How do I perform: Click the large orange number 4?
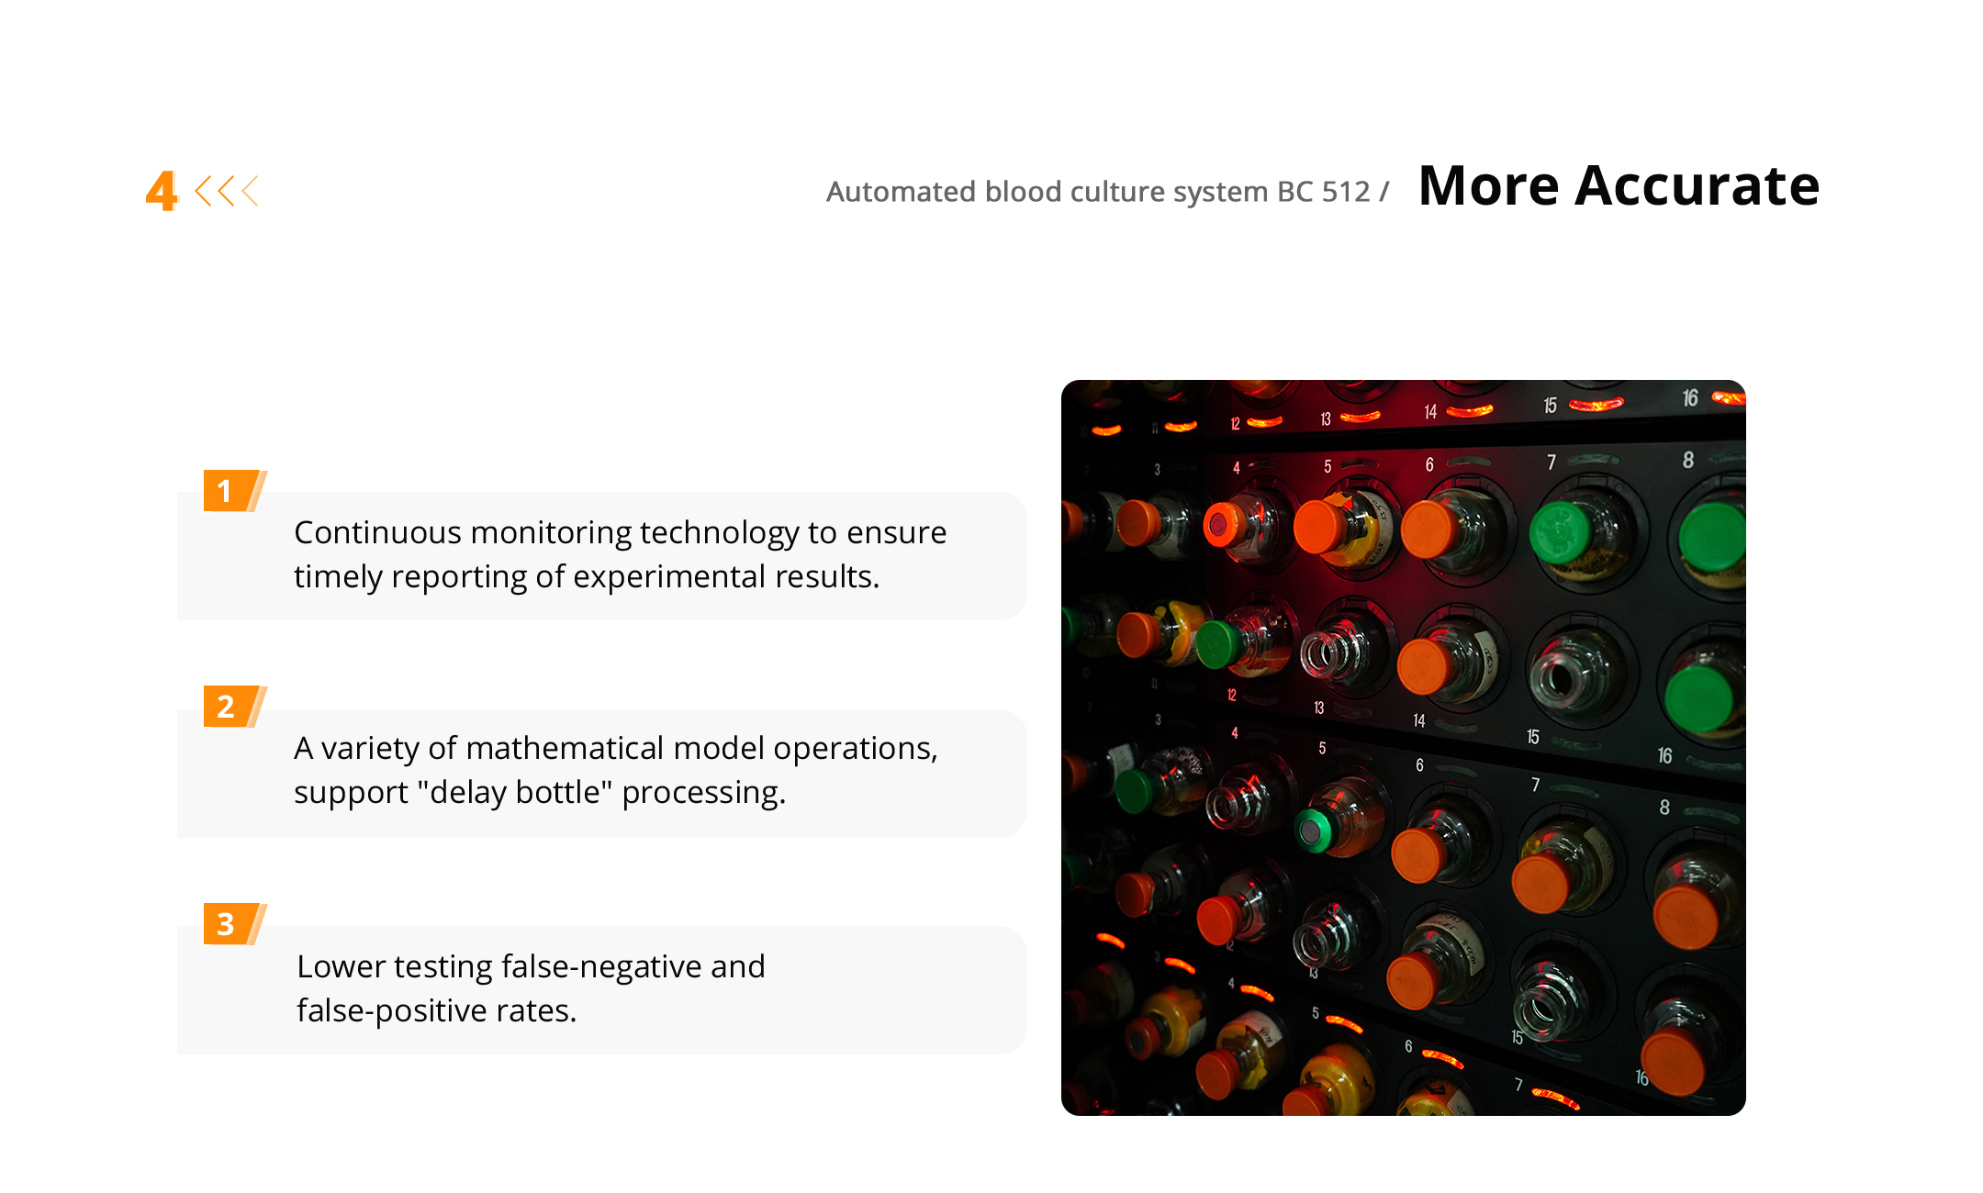tap(162, 191)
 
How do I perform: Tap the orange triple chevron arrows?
tap(227, 191)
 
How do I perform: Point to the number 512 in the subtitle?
tap(1346, 192)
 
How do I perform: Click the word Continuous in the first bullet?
tap(377, 532)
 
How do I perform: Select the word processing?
tap(704, 793)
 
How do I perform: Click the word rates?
tap(536, 1011)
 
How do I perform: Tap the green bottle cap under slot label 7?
tap(1560, 532)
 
